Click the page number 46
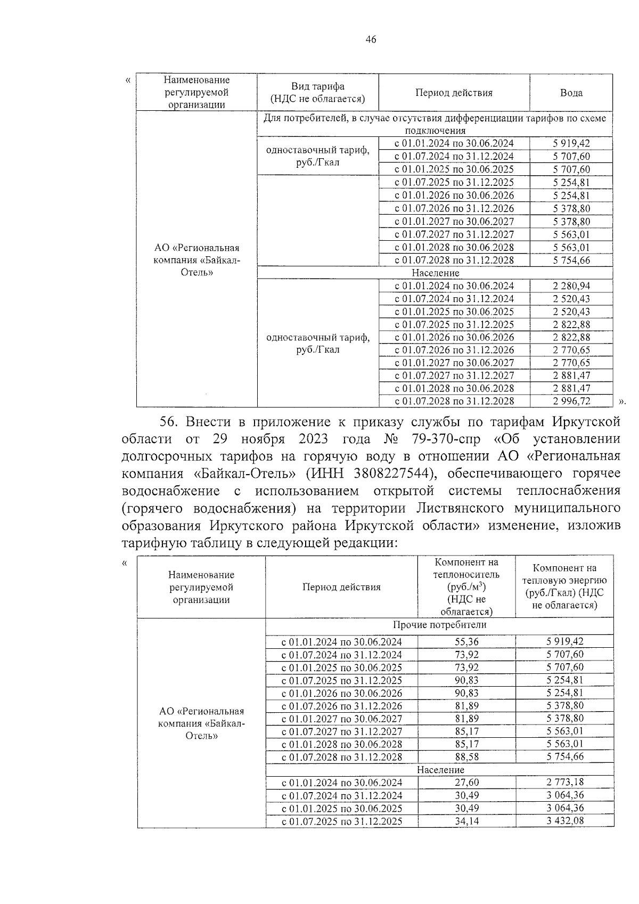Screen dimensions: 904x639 click(x=371, y=39)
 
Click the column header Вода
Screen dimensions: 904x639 click(x=571, y=93)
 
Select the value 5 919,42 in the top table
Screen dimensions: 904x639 click(x=571, y=143)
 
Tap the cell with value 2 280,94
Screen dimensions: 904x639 click(x=571, y=286)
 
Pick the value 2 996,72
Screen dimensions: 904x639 click(x=571, y=401)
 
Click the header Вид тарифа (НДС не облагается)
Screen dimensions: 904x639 click(x=317, y=93)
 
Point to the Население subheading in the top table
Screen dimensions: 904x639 click(x=435, y=273)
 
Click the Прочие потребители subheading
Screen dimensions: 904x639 click(x=439, y=625)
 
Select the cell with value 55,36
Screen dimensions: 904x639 click(x=466, y=642)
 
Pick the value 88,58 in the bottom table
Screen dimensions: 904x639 click(x=466, y=757)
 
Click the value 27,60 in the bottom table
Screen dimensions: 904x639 click(x=466, y=783)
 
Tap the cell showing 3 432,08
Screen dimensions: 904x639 click(x=564, y=821)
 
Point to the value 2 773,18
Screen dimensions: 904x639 click(x=564, y=783)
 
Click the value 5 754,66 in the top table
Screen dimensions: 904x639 click(x=571, y=260)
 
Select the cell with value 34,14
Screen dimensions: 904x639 click(x=466, y=821)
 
